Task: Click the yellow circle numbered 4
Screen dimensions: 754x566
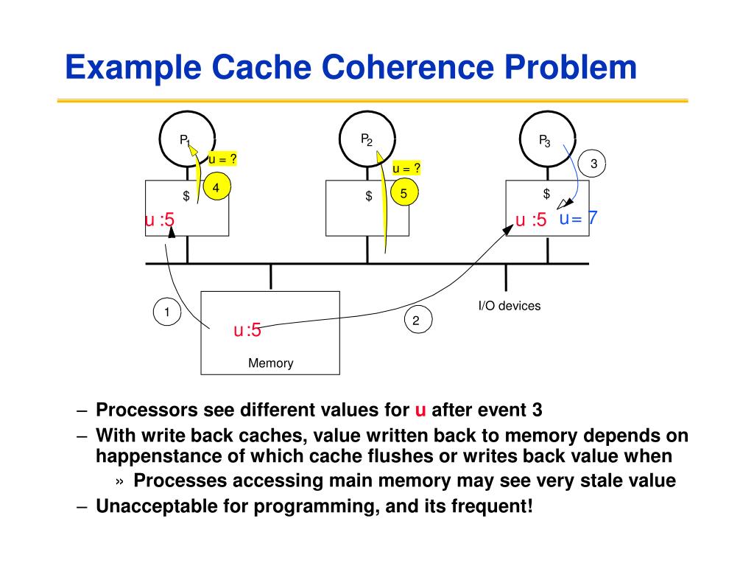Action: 217,187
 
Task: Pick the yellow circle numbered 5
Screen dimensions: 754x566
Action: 404,193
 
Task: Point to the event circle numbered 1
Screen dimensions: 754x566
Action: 167,312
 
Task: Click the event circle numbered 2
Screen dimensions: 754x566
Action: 418,320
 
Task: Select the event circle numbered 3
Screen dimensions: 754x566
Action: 591,164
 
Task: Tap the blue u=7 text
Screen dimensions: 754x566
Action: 579,218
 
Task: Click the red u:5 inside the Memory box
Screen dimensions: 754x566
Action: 247,330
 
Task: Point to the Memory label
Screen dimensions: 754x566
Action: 271,363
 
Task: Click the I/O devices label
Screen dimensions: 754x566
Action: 510,306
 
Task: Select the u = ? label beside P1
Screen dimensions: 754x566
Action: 222,159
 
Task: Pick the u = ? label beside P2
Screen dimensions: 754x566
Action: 406,168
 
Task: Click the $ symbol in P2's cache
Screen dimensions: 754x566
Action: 369,195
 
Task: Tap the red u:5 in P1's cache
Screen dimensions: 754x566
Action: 160,220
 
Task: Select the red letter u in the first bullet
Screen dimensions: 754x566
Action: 420,410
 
